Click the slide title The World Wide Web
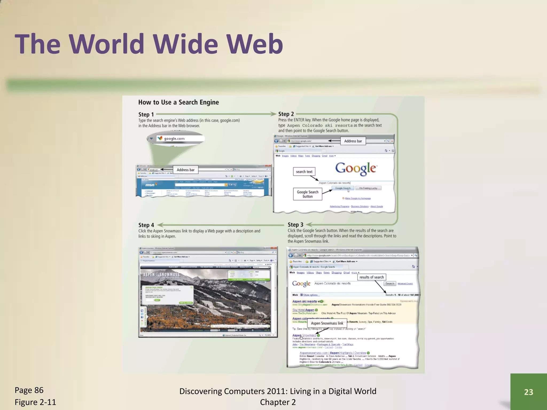click(x=149, y=44)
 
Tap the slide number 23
click(x=528, y=392)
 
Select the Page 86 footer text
click(x=29, y=390)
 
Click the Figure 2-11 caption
click(x=35, y=402)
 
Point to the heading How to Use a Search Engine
click(x=178, y=102)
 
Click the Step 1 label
click(x=146, y=115)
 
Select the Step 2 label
click(x=286, y=114)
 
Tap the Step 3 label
click(x=295, y=225)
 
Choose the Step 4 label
click(x=146, y=225)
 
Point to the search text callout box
click(x=304, y=172)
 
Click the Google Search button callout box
click(x=307, y=194)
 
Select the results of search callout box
click(x=372, y=277)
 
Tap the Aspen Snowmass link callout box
click(x=327, y=323)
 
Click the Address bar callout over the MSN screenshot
click(x=186, y=170)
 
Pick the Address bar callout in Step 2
click(x=353, y=141)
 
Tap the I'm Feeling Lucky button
click(x=368, y=188)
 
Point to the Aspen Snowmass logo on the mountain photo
click(x=162, y=275)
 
